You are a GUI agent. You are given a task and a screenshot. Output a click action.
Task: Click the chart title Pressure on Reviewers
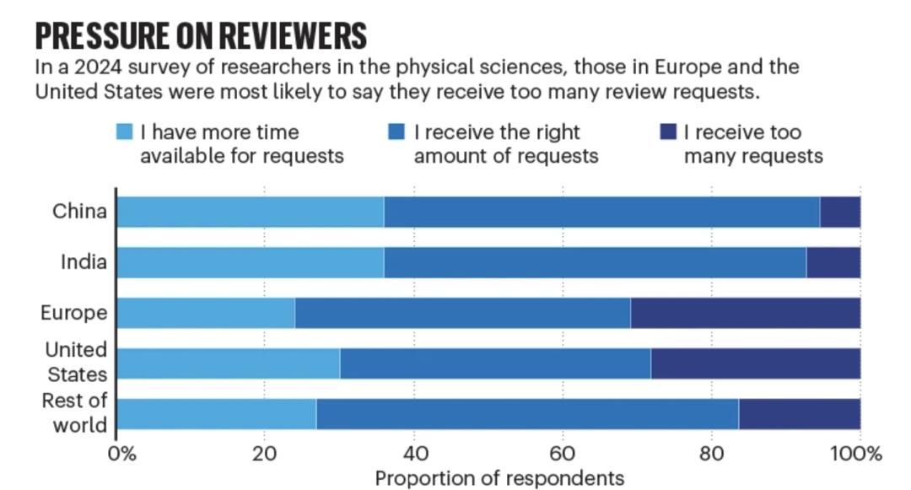(x=201, y=35)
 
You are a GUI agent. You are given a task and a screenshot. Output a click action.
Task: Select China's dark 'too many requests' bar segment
(x=840, y=212)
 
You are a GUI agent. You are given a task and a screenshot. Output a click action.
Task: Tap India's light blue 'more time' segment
(x=250, y=262)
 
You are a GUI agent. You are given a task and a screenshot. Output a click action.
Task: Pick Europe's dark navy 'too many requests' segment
(x=746, y=313)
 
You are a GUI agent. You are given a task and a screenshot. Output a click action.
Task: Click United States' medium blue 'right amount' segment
(x=495, y=363)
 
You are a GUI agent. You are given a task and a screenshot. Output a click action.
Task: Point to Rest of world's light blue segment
(x=217, y=414)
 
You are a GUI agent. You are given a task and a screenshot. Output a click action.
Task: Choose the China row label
(x=79, y=212)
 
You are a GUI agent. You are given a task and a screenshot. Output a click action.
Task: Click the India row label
(x=84, y=262)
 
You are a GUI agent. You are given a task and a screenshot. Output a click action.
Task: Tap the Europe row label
(x=74, y=313)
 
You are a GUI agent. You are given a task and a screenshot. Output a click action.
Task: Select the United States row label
(x=76, y=362)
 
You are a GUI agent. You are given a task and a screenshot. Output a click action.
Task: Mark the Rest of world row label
(x=74, y=412)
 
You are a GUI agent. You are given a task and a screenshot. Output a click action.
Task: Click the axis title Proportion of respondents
(x=499, y=478)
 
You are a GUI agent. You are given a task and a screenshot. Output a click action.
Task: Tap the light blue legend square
(x=124, y=132)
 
